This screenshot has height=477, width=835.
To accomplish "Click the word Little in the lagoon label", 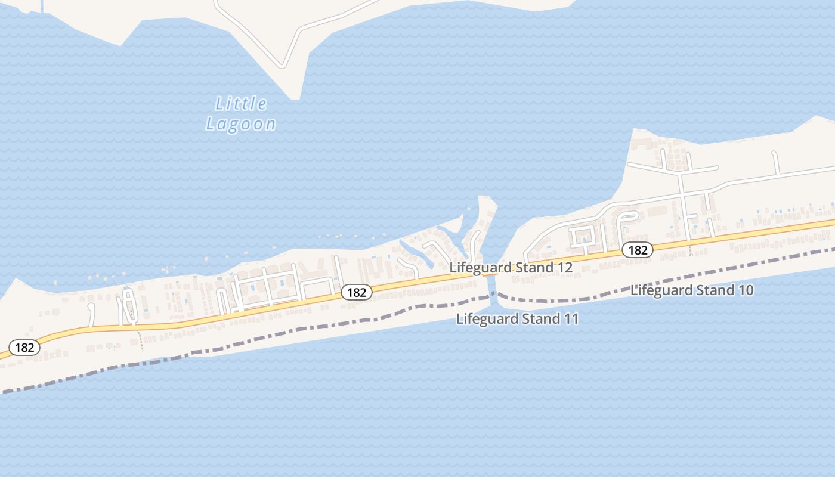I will (x=241, y=104).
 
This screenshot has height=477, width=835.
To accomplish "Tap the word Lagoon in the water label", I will (x=241, y=124).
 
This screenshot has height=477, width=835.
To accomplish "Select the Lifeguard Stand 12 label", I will (x=511, y=268).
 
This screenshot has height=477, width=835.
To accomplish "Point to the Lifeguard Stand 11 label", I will (x=517, y=319).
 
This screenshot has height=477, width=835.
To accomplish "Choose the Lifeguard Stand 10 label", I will (x=692, y=290).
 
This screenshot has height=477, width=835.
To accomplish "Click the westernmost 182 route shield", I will (x=24, y=347).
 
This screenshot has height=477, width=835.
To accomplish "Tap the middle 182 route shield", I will (x=357, y=292).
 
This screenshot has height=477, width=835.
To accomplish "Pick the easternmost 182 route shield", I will (x=638, y=250).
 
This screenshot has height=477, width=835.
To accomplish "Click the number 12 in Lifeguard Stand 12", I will (x=565, y=268).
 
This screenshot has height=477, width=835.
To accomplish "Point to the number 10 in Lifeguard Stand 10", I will (x=746, y=290).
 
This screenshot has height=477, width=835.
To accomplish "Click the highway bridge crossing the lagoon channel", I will (x=492, y=274).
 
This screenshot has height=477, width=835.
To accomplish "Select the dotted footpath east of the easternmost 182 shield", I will (x=690, y=248).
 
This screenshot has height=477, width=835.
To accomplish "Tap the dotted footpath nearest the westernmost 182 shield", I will (x=141, y=340).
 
